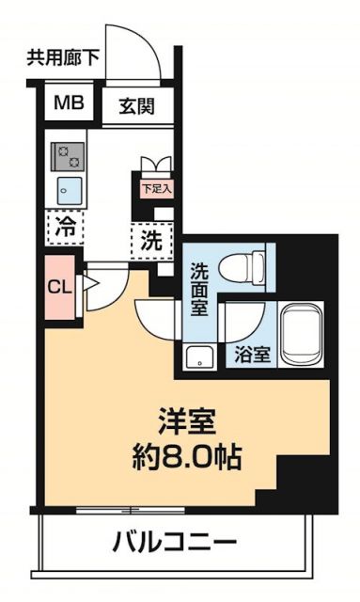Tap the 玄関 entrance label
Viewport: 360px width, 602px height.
click(x=136, y=105)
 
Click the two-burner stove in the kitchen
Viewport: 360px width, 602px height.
click(x=67, y=152)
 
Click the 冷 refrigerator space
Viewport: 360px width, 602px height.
click(x=64, y=226)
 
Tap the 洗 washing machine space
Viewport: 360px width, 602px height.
click(x=151, y=239)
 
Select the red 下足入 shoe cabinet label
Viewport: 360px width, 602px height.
click(x=156, y=187)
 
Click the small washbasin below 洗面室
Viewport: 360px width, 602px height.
click(x=198, y=356)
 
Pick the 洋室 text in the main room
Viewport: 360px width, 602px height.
click(x=184, y=417)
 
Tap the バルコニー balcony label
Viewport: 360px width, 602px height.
click(x=175, y=543)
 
